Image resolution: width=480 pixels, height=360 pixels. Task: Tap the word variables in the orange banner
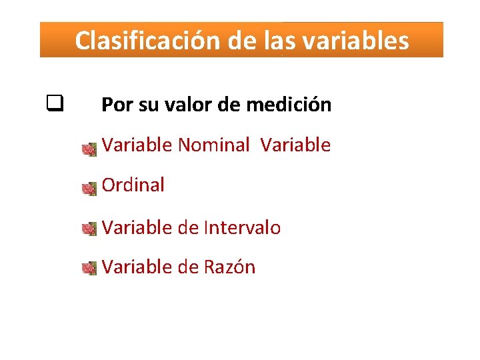tap(355, 41)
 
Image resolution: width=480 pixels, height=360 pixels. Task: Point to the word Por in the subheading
tap(116, 105)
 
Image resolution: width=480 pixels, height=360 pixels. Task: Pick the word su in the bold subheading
tap(147, 105)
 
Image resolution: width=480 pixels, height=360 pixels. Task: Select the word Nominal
tap(213, 145)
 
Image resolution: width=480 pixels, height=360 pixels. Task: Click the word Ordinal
tap(133, 185)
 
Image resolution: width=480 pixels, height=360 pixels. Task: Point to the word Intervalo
tap(242, 227)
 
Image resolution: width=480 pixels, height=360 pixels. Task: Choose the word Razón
tap(229, 267)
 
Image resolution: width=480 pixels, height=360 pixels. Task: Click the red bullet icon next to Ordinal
tap(89, 190)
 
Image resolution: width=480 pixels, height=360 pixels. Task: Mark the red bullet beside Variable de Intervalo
tap(89, 230)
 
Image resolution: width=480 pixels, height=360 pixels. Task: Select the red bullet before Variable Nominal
tap(89, 150)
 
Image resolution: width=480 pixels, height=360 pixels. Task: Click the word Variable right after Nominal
tap(295, 145)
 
